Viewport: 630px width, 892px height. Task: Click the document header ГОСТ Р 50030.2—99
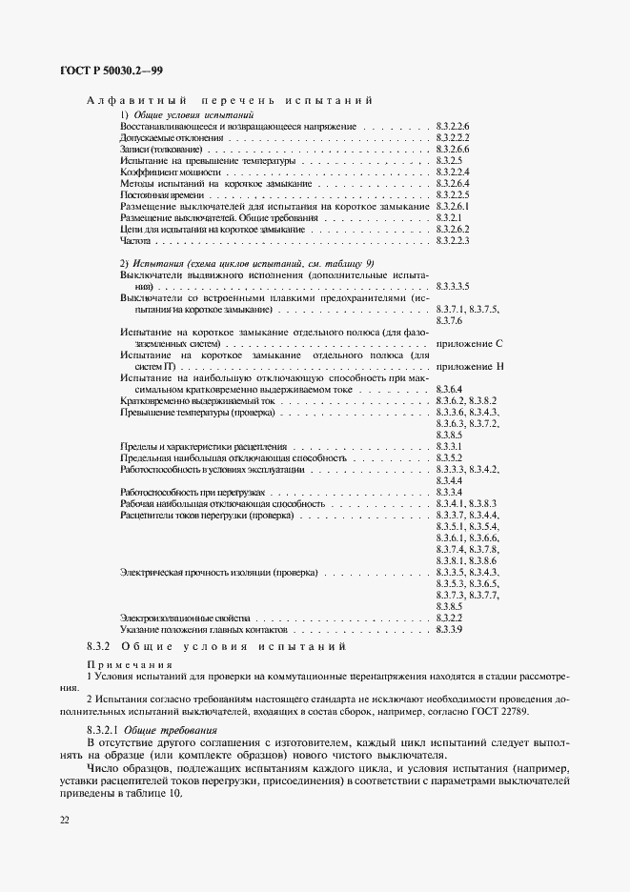click(111, 71)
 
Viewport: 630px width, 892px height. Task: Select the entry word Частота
click(136, 242)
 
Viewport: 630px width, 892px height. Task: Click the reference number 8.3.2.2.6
click(454, 126)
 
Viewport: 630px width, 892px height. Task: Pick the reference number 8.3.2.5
click(449, 160)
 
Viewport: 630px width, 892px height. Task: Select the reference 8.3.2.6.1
click(454, 207)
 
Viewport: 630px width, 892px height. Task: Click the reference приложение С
click(468, 342)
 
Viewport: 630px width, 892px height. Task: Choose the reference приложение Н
click(468, 366)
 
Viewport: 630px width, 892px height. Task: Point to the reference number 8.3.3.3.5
click(454, 286)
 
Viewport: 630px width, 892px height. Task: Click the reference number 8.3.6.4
click(449, 389)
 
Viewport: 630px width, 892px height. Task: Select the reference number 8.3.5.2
click(449, 458)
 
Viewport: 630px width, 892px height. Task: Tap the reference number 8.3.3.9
click(449, 631)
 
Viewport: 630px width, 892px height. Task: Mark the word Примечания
click(130, 663)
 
